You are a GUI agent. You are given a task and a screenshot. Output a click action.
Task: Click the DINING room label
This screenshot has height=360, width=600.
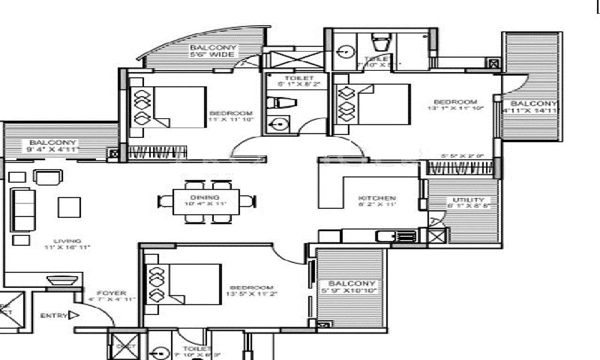tap(205, 197)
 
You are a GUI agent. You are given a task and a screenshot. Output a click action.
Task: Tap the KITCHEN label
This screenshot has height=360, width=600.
tap(377, 198)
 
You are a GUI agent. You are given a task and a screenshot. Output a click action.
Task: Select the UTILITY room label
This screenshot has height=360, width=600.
tap(464, 200)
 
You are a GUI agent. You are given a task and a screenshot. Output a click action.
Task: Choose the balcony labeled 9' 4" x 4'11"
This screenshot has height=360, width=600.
tap(53, 146)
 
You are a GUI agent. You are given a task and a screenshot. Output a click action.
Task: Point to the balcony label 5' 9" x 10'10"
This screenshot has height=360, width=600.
tap(352, 287)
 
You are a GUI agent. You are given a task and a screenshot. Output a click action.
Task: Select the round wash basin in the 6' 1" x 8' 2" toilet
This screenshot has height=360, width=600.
tap(278, 125)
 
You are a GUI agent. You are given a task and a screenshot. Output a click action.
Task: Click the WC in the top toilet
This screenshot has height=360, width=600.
tap(380, 43)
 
